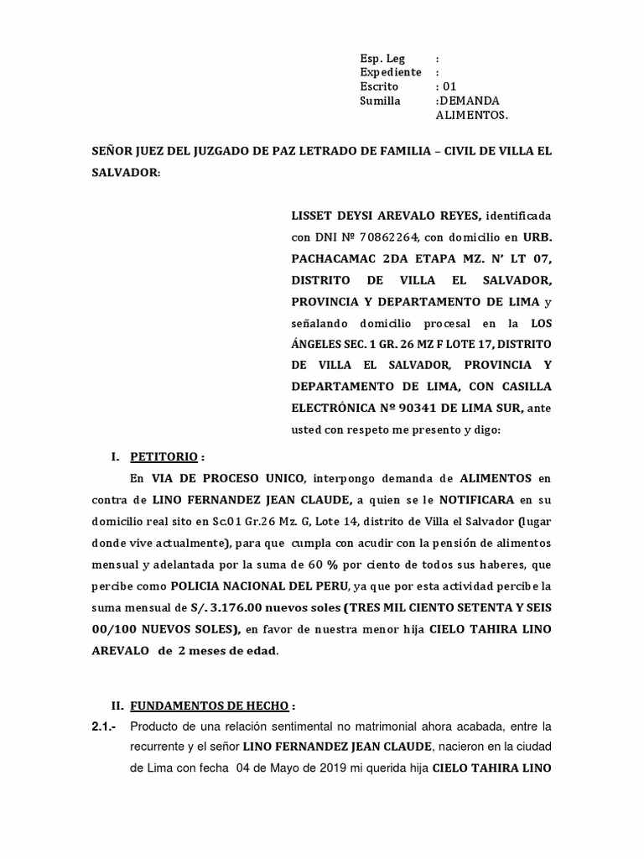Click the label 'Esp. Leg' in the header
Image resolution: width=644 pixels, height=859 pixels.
[x=382, y=59]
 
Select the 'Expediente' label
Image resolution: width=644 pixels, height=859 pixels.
[x=390, y=73]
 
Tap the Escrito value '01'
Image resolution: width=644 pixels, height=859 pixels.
[x=449, y=86]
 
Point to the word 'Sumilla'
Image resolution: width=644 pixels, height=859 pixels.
[x=379, y=101]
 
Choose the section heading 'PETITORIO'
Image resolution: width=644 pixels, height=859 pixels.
[x=164, y=457]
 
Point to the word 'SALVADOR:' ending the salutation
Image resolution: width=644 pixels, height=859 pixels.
[x=126, y=171]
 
